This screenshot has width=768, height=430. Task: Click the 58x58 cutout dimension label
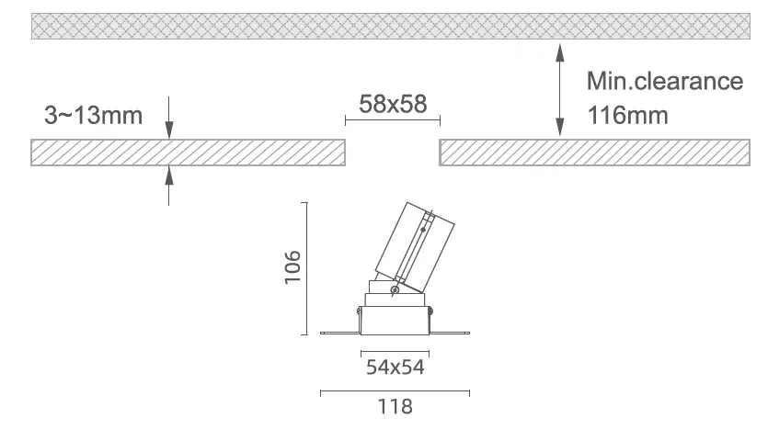(393, 104)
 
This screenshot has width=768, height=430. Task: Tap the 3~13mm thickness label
(93, 116)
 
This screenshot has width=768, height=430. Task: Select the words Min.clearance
(665, 81)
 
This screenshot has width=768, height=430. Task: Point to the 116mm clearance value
(627, 116)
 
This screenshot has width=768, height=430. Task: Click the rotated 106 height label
(292, 267)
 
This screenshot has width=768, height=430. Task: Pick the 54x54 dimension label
(395, 367)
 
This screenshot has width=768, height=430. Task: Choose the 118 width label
(395, 406)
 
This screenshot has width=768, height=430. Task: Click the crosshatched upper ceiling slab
(390, 26)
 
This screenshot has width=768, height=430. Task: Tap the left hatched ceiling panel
(188, 153)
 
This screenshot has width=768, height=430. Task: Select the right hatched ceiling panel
(594, 153)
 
